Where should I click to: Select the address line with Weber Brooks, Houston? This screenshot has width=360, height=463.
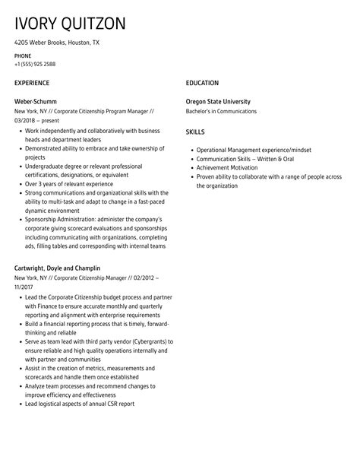[56, 43]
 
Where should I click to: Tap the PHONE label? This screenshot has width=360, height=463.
[23, 55]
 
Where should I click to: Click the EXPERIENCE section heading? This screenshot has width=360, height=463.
[32, 83]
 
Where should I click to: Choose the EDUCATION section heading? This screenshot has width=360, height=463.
[202, 83]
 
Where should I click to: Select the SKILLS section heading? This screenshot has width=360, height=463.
[196, 132]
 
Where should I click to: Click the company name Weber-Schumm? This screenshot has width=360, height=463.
[36, 102]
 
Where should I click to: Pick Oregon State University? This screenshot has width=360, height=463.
[218, 102]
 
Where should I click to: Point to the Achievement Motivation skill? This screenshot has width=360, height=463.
[227, 167]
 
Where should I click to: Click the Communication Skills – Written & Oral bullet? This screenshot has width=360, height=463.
[245, 159]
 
